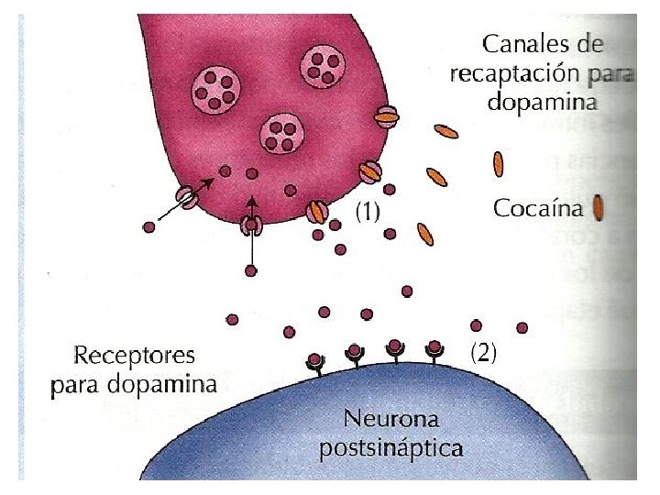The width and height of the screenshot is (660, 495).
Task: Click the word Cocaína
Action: point(537,208)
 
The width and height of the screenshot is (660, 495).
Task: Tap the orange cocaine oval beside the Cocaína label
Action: point(597,208)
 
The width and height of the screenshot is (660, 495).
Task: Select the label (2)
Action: point(482,353)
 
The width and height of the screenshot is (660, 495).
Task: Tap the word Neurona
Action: point(390,421)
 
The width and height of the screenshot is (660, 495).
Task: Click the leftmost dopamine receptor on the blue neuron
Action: point(315,363)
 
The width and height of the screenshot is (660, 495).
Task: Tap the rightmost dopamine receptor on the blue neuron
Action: point(434,351)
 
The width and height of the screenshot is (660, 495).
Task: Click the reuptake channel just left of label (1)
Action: point(317,212)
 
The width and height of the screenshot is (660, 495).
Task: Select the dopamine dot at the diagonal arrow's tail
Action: point(149,226)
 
